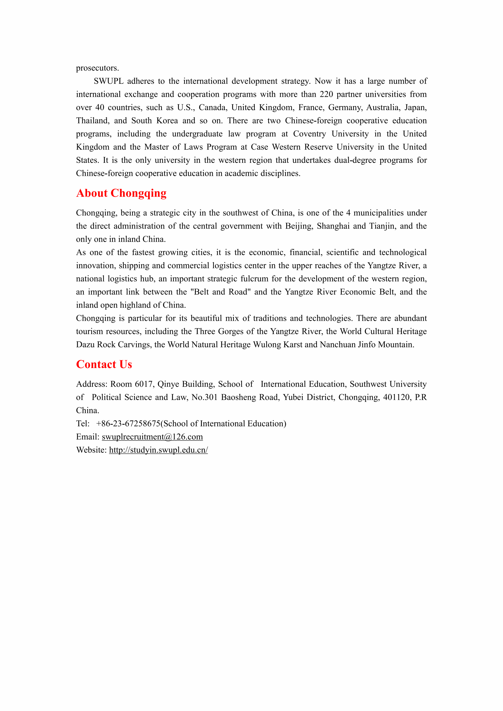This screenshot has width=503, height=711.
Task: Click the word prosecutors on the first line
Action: (x=97, y=68)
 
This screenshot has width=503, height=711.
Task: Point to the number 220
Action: (x=326, y=95)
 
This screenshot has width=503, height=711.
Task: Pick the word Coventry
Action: (x=309, y=134)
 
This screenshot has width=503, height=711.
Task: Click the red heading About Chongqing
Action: (x=121, y=193)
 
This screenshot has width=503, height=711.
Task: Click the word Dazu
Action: (x=85, y=345)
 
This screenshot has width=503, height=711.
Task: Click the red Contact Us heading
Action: (x=104, y=365)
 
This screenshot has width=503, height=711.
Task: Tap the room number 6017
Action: (x=144, y=384)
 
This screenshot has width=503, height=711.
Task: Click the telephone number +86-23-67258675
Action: (x=128, y=424)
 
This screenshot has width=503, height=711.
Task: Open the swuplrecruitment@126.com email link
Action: (x=152, y=437)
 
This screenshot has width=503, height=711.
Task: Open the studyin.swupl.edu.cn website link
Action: (x=158, y=450)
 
